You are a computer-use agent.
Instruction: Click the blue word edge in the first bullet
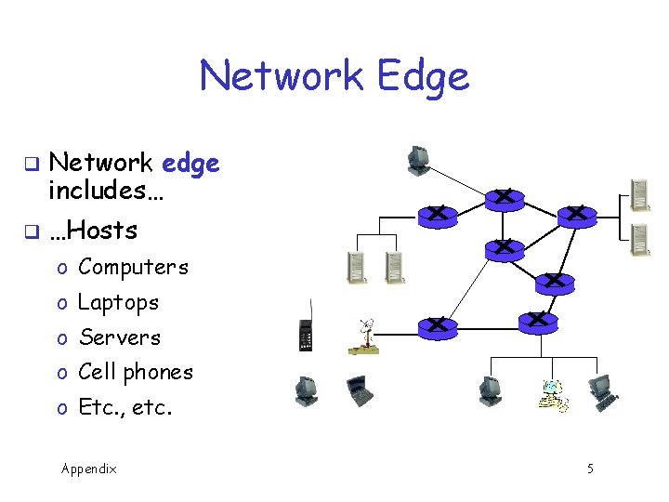(x=190, y=164)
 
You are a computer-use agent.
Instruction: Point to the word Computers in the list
(x=133, y=267)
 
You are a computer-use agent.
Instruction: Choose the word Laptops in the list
(x=118, y=302)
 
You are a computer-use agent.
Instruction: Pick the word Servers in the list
(x=119, y=337)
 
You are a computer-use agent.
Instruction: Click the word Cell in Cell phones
(x=97, y=372)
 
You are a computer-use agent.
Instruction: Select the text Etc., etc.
(x=125, y=407)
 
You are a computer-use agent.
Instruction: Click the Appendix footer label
(x=88, y=469)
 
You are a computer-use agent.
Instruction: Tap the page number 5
(x=590, y=469)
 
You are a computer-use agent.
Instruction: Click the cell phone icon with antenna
(x=304, y=331)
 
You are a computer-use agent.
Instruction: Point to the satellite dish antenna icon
(x=363, y=337)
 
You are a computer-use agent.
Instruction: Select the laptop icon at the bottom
(x=359, y=391)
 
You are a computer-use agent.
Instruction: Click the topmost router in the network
(x=503, y=198)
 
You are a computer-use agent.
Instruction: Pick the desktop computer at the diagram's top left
(x=419, y=161)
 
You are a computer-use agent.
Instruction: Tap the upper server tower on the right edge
(x=639, y=193)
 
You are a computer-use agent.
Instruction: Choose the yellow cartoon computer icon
(x=553, y=395)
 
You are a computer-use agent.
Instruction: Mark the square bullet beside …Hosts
(x=30, y=230)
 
